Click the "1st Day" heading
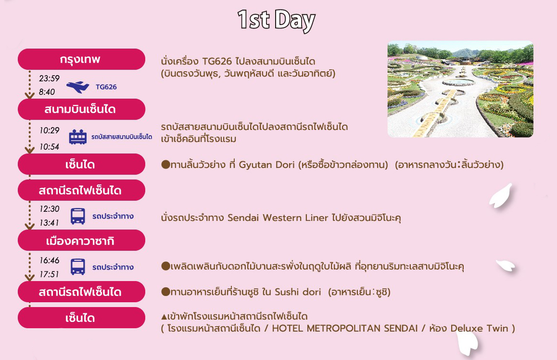click(x=277, y=20)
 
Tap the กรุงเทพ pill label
click(x=81, y=59)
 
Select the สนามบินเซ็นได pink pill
click(x=81, y=109)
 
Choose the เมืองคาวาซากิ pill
click(x=81, y=241)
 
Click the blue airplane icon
click(x=78, y=87)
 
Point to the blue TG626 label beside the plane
click(x=106, y=87)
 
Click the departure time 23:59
click(x=50, y=78)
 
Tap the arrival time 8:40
click(x=47, y=92)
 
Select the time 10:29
click(x=50, y=130)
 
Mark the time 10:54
click(x=50, y=146)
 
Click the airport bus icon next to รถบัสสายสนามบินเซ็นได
click(x=78, y=137)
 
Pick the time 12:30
click(x=50, y=208)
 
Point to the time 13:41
click(x=50, y=223)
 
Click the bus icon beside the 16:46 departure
click(x=78, y=267)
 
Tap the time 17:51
click(x=50, y=274)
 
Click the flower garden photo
click(x=460, y=89)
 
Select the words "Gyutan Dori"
click(x=267, y=165)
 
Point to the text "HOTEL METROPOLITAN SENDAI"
click(x=344, y=328)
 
